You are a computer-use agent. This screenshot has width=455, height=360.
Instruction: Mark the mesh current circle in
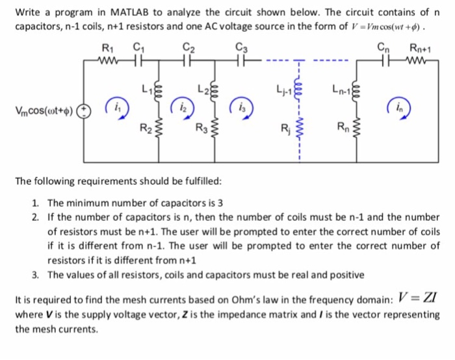point(396,109)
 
